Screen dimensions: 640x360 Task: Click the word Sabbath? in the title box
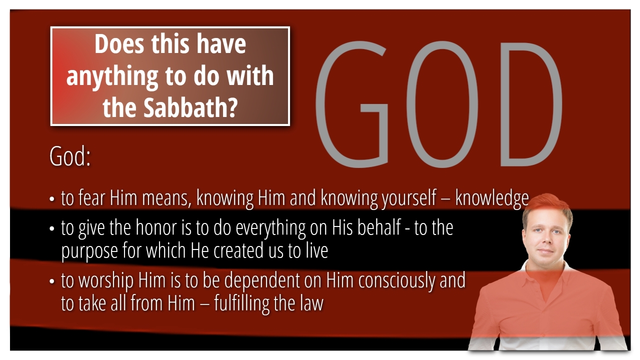tap(190, 107)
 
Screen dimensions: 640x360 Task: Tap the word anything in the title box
tap(112, 76)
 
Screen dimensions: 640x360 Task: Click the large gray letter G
tap(351, 104)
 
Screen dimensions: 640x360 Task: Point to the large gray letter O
tap(442, 104)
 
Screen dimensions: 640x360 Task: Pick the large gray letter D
tap(531, 104)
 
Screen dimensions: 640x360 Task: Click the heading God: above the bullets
tap(70, 156)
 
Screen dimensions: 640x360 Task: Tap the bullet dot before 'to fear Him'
tap(51, 199)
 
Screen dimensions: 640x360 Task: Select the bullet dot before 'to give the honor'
tap(51, 228)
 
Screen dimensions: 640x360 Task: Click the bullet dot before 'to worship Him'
tap(51, 281)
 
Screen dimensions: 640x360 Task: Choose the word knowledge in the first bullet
tap(492, 198)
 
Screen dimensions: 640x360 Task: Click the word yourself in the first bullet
tap(409, 198)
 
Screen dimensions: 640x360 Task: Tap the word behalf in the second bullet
tap(379, 227)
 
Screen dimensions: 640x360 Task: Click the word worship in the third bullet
tap(105, 281)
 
